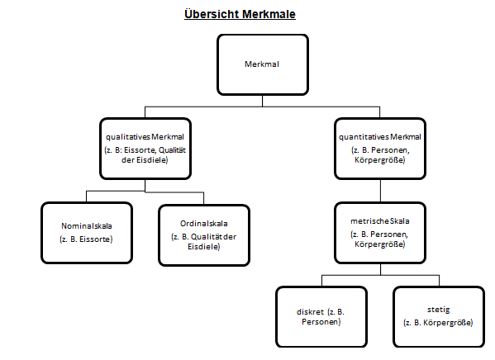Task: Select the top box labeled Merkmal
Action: click(262, 64)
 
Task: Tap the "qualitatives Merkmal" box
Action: click(145, 149)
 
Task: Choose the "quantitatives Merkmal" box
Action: click(380, 149)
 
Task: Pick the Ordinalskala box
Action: click(203, 234)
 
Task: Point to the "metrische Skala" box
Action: click(380, 234)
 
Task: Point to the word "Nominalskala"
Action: click(87, 226)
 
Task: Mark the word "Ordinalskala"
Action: click(203, 223)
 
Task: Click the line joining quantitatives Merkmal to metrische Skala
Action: click(380, 192)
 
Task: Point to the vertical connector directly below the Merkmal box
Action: click(262, 100)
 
